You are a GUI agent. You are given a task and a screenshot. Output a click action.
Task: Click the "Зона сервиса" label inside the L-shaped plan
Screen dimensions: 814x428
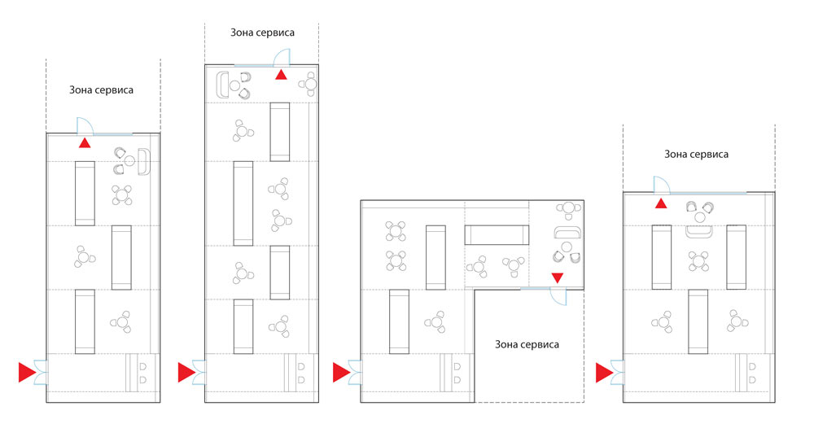click(x=527, y=344)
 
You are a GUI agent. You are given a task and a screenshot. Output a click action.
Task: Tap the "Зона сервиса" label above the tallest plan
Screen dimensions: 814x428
click(x=262, y=33)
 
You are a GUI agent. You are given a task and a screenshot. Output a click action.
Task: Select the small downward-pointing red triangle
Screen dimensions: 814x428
click(x=557, y=277)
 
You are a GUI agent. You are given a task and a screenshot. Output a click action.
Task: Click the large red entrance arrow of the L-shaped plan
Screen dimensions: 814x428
click(x=342, y=373)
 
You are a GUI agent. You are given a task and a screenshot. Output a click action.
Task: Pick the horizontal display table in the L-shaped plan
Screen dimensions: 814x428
click(x=497, y=235)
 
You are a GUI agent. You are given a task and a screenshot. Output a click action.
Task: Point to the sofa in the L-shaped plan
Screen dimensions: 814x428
click(x=567, y=233)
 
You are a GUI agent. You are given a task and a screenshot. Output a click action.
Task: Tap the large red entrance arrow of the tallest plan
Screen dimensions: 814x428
click(x=187, y=373)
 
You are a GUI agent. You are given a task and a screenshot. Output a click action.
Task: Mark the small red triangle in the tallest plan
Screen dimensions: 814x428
click(x=281, y=75)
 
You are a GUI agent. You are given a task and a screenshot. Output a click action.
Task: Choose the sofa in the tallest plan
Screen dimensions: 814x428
click(x=222, y=85)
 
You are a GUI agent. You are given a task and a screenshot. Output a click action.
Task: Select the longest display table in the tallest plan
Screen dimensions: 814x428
click(x=243, y=203)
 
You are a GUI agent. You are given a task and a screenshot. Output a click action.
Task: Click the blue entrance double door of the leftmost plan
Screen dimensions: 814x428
click(x=41, y=373)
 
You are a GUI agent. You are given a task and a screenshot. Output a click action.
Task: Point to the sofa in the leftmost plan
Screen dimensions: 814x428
click(x=144, y=161)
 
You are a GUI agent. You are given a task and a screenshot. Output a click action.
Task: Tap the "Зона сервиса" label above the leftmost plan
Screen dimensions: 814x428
click(x=101, y=90)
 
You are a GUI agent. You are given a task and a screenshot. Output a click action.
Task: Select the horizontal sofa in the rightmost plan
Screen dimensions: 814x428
click(x=698, y=232)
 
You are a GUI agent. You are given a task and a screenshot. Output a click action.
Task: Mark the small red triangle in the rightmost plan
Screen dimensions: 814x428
click(x=661, y=203)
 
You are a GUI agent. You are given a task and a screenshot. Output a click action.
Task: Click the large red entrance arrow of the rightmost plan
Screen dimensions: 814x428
click(x=605, y=373)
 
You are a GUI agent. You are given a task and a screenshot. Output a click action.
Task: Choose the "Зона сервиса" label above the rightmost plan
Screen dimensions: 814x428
click(x=696, y=154)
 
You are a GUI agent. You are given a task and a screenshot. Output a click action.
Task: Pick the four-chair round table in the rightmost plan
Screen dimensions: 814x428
click(x=698, y=261)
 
